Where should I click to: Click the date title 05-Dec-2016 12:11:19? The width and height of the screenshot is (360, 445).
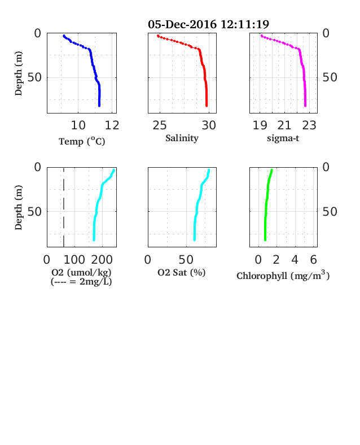[208, 24]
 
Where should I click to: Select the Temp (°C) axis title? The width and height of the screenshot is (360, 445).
[82, 141]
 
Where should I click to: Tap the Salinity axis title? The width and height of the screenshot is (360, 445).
[182, 138]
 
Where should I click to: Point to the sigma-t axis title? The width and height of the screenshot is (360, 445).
[283, 138]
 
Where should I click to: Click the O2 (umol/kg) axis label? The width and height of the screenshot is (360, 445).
[81, 272]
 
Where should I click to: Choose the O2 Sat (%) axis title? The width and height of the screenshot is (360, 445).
[182, 272]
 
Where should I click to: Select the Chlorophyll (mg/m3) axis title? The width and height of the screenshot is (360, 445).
[283, 275]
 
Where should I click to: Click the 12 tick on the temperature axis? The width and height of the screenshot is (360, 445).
[112, 125]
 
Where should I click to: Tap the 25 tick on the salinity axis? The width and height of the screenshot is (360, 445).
[160, 125]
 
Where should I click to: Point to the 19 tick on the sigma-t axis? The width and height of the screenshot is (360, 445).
[260, 125]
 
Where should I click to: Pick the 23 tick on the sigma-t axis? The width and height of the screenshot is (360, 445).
[309, 125]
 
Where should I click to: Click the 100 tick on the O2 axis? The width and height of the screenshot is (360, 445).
[74, 260]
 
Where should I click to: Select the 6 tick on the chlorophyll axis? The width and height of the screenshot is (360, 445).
[313, 260]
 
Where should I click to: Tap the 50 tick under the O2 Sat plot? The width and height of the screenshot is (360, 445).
[186, 260]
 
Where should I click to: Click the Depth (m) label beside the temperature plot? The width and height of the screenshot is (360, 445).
[18, 73]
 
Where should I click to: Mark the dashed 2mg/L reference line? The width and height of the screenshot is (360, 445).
[64, 207]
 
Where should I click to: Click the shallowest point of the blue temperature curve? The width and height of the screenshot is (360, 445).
[64, 36]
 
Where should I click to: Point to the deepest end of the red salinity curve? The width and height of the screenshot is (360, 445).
[207, 106]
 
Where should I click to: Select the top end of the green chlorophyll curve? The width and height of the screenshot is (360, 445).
[271, 170]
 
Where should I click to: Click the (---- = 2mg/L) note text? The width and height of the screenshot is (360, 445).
[81, 282]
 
